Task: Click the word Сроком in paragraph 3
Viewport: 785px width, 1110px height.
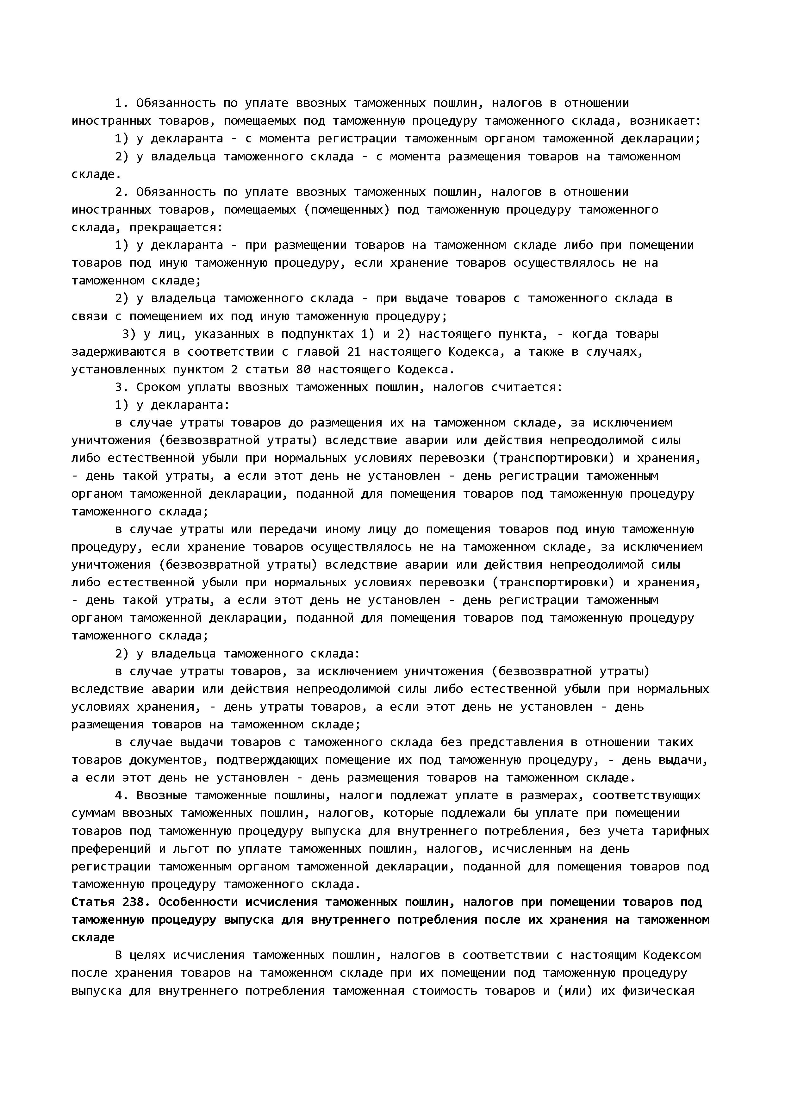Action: [158, 388]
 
